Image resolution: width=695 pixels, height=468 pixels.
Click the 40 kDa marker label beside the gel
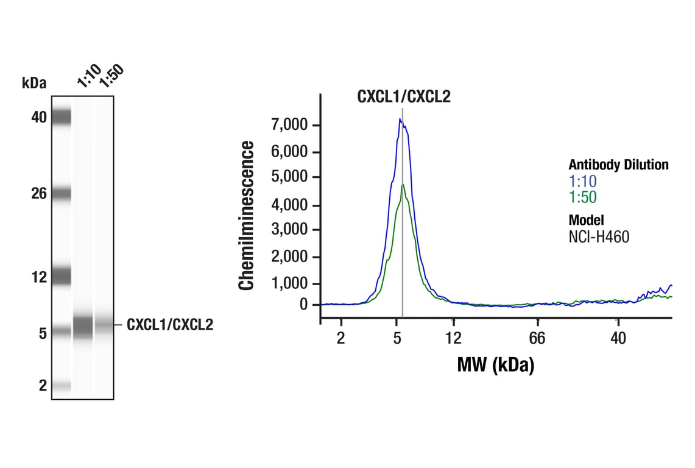tap(39, 117)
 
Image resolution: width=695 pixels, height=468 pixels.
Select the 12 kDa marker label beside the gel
tap(39, 277)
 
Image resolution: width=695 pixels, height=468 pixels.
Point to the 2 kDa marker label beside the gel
tap(43, 385)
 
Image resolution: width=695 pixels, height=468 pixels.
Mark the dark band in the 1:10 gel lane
tap(83, 326)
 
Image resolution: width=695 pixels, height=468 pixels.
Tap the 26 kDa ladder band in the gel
tap(62, 194)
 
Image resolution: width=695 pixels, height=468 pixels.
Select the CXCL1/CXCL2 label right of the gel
tap(170, 325)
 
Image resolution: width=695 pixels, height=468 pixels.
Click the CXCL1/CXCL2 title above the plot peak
tap(403, 96)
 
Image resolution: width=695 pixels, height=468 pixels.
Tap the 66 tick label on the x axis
tap(537, 338)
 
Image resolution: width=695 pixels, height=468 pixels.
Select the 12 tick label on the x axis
tap(453, 338)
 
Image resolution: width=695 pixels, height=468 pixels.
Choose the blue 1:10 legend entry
tap(582, 181)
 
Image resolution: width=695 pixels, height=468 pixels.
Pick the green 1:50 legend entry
tap(582, 197)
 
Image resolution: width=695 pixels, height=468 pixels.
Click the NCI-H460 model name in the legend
tap(599, 237)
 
